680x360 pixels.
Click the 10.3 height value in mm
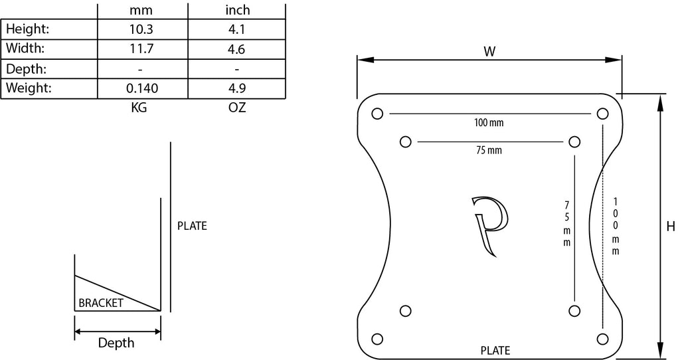point(141,29)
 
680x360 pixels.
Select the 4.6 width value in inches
point(236,49)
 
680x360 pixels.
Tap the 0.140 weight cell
point(142,88)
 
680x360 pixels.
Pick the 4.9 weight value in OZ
point(237,88)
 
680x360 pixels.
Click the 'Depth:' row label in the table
point(27,68)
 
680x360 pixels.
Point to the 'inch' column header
point(238,10)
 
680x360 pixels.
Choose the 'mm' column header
point(141,11)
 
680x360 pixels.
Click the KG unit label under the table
point(139,107)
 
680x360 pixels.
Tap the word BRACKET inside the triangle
point(101,303)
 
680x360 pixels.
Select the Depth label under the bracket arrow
point(116,343)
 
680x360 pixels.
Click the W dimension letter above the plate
point(489,52)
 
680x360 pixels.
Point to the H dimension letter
point(671,226)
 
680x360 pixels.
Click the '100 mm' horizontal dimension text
point(489,123)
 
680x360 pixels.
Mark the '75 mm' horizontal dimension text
point(489,151)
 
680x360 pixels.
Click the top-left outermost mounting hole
point(377,114)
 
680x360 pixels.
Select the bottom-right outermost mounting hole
point(602,339)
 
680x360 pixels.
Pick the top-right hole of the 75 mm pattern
point(574,142)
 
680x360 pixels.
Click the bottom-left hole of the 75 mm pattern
point(406,311)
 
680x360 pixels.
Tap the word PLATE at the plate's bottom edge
point(495,351)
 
